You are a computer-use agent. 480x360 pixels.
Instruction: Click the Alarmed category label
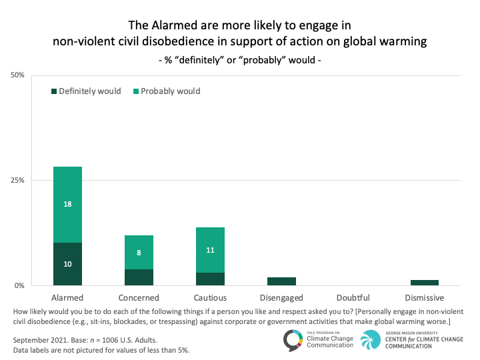pyautogui.click(x=67, y=297)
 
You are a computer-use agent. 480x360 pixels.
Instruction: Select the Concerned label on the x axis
pyautogui.click(x=139, y=297)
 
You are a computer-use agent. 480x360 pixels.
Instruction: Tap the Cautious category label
pyautogui.click(x=210, y=297)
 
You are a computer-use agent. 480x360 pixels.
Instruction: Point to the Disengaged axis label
pyautogui.click(x=281, y=297)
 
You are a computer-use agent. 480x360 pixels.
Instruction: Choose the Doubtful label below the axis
pyautogui.click(x=353, y=297)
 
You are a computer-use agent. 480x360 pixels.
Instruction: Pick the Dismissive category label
pyautogui.click(x=425, y=297)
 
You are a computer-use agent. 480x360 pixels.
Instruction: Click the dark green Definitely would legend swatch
pyautogui.click(x=53, y=91)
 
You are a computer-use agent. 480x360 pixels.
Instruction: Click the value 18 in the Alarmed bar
pyautogui.click(x=67, y=205)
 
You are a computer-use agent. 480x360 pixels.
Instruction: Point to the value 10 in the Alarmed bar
pyautogui.click(x=67, y=264)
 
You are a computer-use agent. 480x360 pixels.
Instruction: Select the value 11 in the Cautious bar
pyautogui.click(x=210, y=250)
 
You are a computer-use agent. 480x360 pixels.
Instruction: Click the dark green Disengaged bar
pyautogui.click(x=281, y=281)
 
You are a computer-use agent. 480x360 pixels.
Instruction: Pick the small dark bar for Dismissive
pyautogui.click(x=425, y=283)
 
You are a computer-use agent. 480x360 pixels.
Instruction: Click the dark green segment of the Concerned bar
pyautogui.click(x=139, y=277)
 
